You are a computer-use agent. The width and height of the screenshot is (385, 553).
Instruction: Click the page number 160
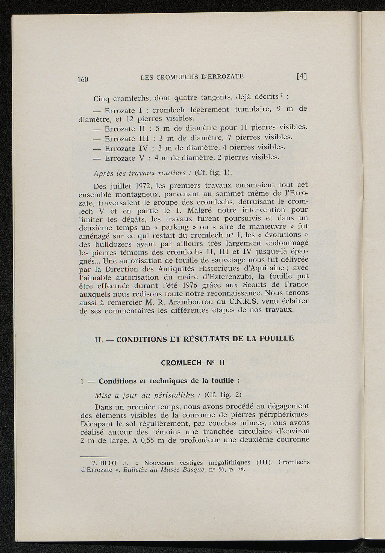pos(82,79)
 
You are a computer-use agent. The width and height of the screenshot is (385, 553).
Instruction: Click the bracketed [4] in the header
pos(302,76)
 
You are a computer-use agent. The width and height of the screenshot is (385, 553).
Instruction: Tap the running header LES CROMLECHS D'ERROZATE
pos(192,77)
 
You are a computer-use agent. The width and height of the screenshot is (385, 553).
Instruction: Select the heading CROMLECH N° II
pos(192,363)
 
